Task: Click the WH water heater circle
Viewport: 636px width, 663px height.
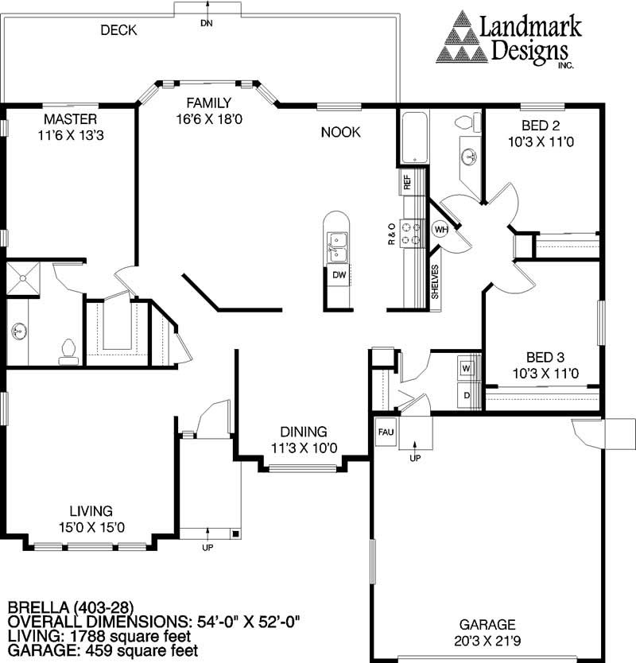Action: click(440, 230)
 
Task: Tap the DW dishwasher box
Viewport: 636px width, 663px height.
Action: click(339, 275)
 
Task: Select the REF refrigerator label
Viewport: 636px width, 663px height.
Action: click(407, 182)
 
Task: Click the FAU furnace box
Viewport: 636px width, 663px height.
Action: click(386, 433)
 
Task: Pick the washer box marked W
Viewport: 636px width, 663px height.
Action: click(466, 370)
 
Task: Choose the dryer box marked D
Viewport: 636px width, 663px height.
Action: click(466, 394)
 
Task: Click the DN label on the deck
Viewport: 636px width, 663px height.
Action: click(207, 23)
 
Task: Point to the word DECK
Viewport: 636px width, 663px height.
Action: click(118, 31)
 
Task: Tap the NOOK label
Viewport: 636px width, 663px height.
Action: click(340, 132)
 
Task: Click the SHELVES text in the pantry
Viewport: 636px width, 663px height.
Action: click(435, 281)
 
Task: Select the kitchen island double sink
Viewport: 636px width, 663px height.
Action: click(338, 246)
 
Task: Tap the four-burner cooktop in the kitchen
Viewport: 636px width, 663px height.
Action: click(412, 233)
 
